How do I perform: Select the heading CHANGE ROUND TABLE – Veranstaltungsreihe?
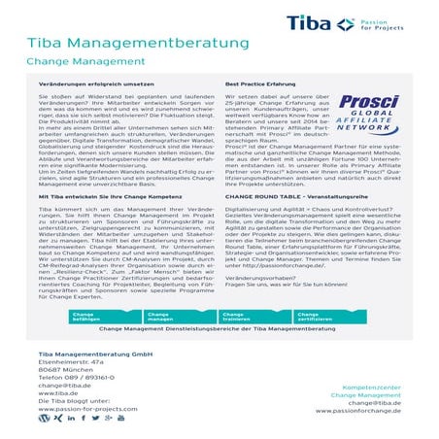tap(283, 195)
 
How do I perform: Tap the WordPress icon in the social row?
tap(43, 419)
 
